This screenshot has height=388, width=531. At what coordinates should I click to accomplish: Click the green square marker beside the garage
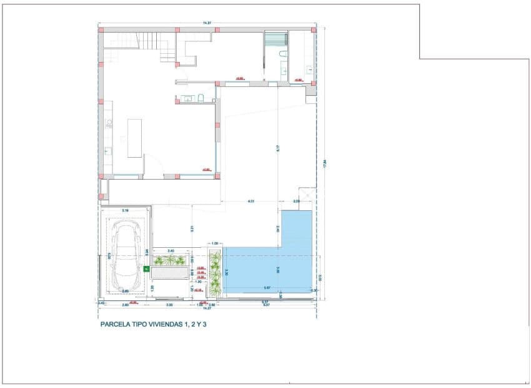tap(146, 270)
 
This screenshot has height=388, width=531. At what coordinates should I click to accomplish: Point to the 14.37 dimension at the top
tap(207, 24)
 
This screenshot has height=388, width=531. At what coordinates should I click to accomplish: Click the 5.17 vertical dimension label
tap(277, 148)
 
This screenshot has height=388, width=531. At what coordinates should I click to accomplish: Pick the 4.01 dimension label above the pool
tap(251, 202)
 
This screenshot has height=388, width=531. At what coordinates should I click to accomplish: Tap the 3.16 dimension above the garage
tap(125, 210)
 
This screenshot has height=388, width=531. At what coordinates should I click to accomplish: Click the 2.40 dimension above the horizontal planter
tap(171, 250)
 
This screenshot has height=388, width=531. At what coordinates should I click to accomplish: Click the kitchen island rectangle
tap(135, 138)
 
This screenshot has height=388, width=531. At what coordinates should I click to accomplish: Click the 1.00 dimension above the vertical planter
tap(216, 243)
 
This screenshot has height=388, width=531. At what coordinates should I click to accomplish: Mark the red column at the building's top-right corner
tap(314, 29)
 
